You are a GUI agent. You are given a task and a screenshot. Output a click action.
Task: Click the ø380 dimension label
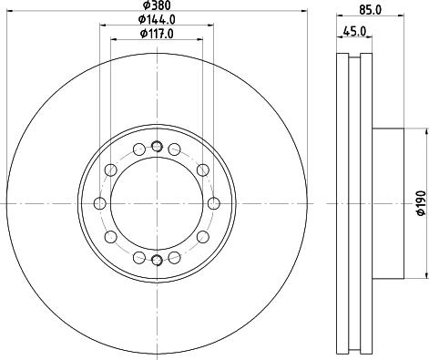pyautogui.click(x=157, y=5)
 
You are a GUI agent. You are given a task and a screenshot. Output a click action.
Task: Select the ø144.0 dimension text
pyautogui.click(x=157, y=20)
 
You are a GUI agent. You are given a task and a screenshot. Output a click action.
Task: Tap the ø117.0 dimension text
pyautogui.click(x=157, y=34)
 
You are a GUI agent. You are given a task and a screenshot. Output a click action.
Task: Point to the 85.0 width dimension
pyautogui.click(x=370, y=10)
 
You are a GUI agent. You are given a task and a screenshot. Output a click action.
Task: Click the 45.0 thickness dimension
pyautogui.click(x=354, y=31)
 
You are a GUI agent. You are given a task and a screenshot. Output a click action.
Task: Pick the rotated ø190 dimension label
pyautogui.click(x=421, y=203)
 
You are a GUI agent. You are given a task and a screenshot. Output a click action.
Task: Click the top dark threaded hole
pyautogui.click(x=157, y=147)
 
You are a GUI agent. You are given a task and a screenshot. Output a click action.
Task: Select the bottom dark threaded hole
pyautogui.click(x=157, y=260)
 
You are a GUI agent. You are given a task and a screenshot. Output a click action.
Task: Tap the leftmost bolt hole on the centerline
pyautogui.click(x=100, y=203)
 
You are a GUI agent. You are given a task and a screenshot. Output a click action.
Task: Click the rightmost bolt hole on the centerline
pyautogui.click(x=214, y=203)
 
